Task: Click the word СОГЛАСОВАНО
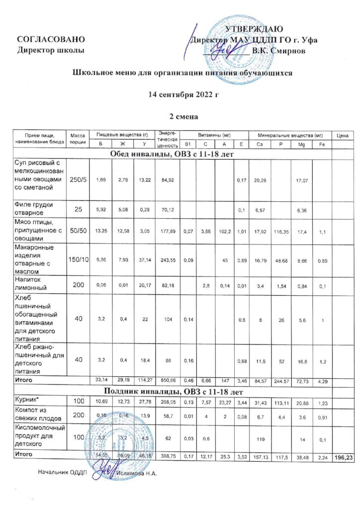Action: point(47,39)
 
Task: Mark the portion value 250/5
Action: point(78,178)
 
